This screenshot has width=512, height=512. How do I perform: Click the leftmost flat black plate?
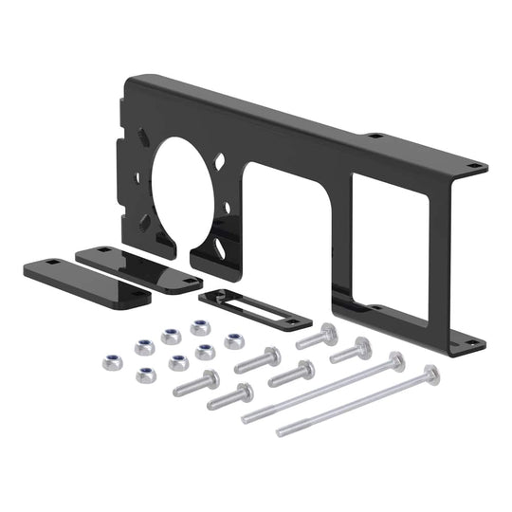tap(85, 281)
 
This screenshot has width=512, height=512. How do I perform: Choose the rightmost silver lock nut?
tap(234, 340)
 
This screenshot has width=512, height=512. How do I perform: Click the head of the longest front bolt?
tap(431, 374)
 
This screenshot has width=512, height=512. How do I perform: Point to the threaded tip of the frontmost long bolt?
tap(282, 432)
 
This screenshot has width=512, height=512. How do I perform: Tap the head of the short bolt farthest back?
tap(328, 332)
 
